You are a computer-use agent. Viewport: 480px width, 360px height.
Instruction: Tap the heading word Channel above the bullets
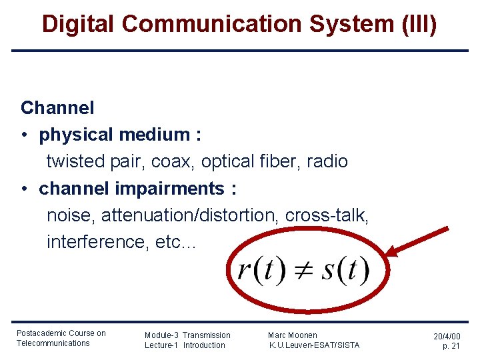pos(57,107)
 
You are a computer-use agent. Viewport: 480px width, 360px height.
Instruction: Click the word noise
pos(70,215)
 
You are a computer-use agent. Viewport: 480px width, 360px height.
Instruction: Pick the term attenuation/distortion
pos(190,215)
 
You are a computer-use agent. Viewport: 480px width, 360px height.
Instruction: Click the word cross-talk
pos(327,215)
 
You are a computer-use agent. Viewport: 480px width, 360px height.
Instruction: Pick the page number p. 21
pos(451,346)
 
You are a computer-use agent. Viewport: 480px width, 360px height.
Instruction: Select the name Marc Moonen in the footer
pos(293,335)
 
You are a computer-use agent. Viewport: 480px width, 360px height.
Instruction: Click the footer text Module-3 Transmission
pos(187,335)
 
